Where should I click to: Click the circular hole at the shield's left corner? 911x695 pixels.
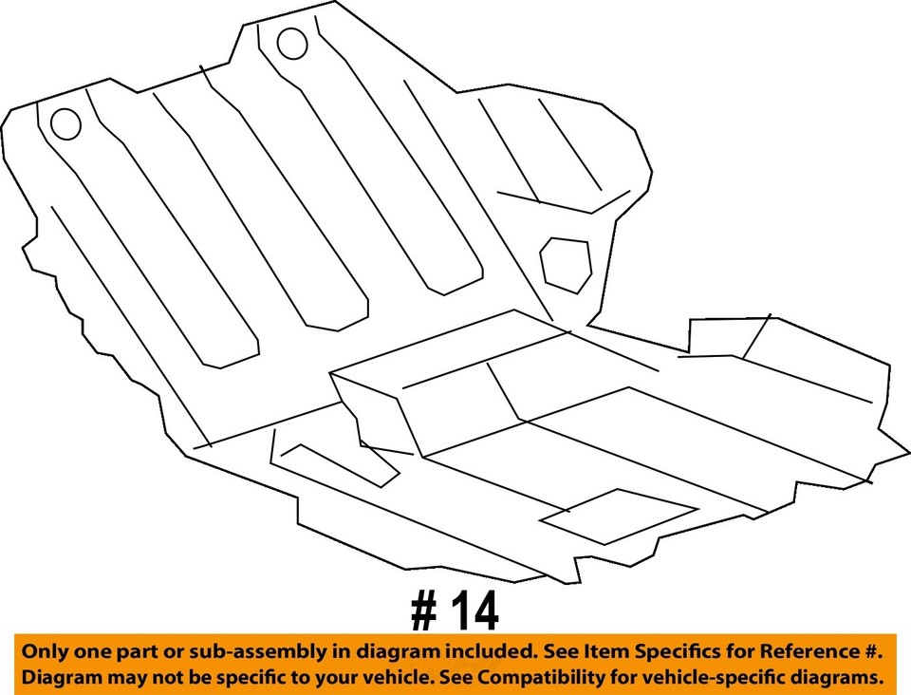[65, 123]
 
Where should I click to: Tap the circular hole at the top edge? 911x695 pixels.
[291, 43]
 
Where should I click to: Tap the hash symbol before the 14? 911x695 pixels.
[424, 613]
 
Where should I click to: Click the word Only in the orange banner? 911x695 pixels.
[45, 652]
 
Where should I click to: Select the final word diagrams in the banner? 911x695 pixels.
[838, 678]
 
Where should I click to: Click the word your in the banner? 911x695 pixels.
[328, 678]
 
